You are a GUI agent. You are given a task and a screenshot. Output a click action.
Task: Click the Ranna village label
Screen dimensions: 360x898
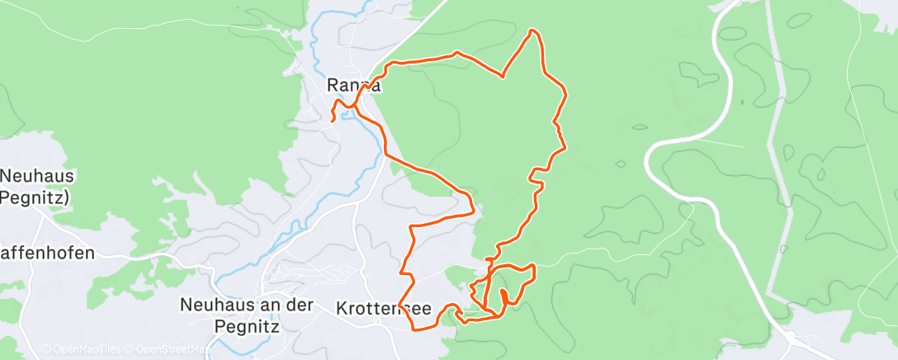[x=354, y=85]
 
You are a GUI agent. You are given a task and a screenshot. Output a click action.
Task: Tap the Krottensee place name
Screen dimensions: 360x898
[x=384, y=308]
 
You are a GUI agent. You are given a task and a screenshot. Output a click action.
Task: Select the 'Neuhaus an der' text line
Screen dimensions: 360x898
[x=247, y=305]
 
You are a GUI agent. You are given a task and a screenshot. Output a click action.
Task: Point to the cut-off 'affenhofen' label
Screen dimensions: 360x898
[x=48, y=253]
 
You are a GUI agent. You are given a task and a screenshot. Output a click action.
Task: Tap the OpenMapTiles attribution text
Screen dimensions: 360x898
[x=80, y=349]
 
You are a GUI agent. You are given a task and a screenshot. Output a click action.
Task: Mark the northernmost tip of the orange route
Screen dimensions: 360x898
[x=533, y=31]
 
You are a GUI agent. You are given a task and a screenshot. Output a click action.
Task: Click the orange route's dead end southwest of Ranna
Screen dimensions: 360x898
[x=333, y=121]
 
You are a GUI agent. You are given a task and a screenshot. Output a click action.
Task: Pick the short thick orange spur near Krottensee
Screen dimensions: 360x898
[x=503, y=296]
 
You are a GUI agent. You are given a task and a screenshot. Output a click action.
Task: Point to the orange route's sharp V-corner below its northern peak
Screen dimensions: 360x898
[x=503, y=77]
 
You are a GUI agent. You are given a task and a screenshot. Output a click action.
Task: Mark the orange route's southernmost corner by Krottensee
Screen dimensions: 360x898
[x=413, y=329]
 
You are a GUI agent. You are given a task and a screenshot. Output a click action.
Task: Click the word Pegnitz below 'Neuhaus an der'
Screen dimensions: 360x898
[x=247, y=325]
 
